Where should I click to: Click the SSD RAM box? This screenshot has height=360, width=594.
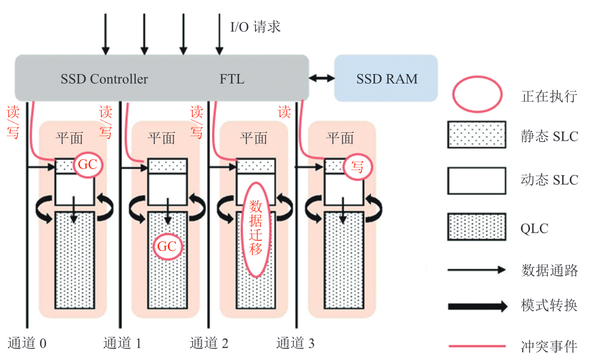(x=387, y=79)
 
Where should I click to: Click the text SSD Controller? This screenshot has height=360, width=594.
(x=104, y=79)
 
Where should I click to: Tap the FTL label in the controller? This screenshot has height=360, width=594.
(x=232, y=79)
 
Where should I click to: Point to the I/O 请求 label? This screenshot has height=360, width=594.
(x=255, y=27)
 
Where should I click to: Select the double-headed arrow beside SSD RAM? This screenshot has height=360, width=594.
(x=322, y=79)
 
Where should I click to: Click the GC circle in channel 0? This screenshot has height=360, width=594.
(x=87, y=165)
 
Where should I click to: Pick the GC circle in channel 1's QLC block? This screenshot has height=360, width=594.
(x=167, y=246)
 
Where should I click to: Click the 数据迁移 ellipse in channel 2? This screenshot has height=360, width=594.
(x=256, y=229)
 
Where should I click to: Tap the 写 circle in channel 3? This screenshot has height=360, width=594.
(x=357, y=165)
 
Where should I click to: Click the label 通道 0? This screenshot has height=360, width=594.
(x=27, y=343)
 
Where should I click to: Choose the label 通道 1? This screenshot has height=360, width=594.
(x=122, y=343)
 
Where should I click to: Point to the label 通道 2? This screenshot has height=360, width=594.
(x=209, y=343)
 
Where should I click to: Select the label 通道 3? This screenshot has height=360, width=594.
(x=296, y=343)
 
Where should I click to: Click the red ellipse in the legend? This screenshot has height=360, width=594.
(x=476, y=95)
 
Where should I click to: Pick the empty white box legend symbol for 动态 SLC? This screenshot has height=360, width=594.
(x=476, y=180)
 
